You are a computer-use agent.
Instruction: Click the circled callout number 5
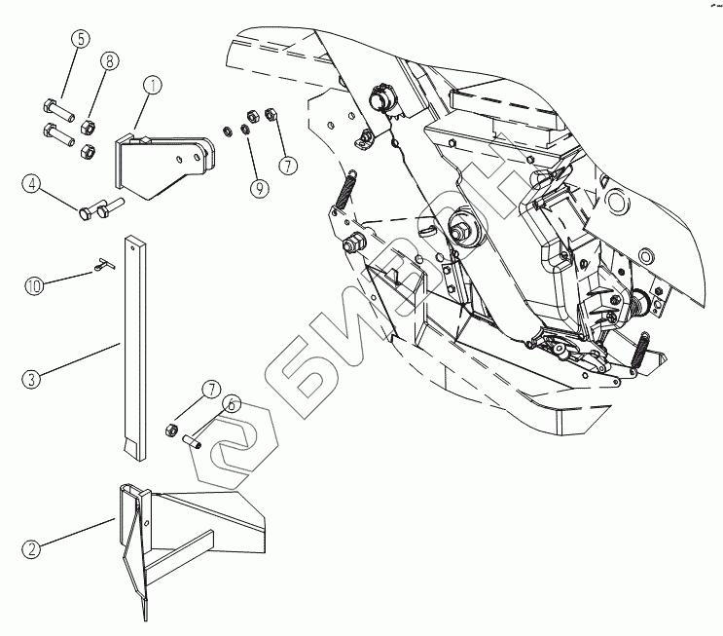click(80, 40)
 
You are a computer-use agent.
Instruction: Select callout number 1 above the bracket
click(152, 86)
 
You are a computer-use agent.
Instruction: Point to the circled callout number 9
click(259, 189)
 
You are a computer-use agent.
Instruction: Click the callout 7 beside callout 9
click(287, 165)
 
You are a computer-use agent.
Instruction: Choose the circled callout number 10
click(33, 286)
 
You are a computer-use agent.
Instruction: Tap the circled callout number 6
click(232, 403)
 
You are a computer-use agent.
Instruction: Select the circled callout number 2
click(32, 549)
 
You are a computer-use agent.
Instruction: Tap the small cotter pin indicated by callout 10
click(104, 263)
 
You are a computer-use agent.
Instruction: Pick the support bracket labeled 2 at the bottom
click(185, 531)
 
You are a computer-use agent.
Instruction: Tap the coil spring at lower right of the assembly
click(642, 350)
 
